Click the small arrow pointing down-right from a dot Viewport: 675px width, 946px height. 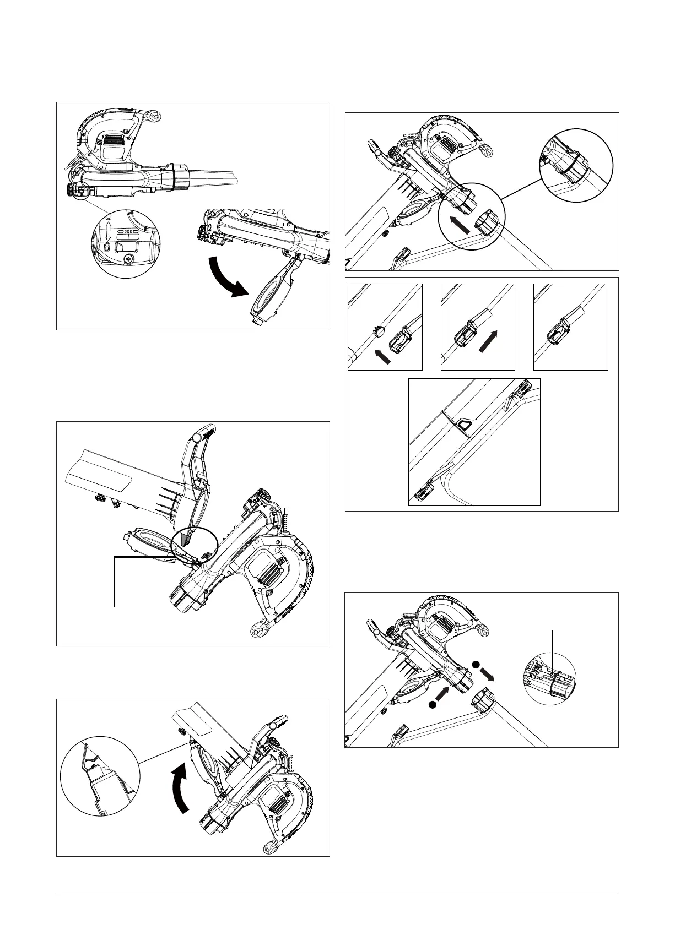pos(486,675)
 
